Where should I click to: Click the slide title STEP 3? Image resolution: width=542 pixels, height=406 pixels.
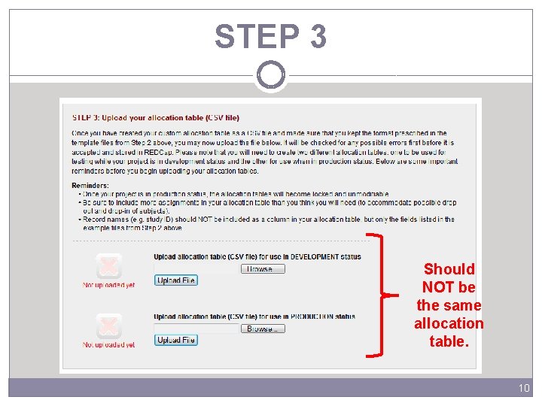click(270, 36)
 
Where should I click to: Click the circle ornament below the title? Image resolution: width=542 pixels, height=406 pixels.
click(270, 75)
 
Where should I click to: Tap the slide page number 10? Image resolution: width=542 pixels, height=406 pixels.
click(524, 388)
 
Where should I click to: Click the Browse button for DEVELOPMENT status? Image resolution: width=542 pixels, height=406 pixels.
click(263, 268)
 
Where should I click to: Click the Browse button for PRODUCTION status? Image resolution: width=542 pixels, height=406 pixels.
click(263, 329)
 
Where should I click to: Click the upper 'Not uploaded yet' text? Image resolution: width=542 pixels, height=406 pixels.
click(108, 285)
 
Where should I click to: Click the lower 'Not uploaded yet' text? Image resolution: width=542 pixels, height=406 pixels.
click(108, 345)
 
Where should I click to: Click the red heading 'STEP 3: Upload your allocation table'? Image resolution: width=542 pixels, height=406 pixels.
click(155, 117)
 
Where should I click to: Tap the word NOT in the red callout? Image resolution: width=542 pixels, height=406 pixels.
click(438, 287)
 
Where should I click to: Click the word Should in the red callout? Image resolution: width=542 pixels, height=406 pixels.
click(449, 269)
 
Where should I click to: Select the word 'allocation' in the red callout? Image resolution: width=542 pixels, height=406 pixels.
click(449, 323)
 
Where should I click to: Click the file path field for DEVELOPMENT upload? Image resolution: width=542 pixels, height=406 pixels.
click(196, 268)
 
